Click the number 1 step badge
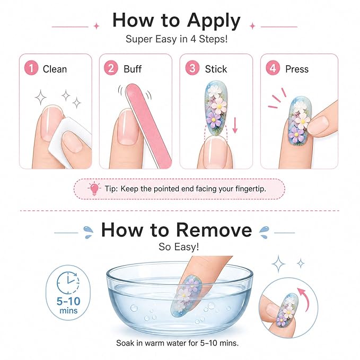click(x=31, y=68)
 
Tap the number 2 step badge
click(x=111, y=68)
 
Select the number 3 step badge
click(x=192, y=68)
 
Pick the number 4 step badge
click(x=273, y=68)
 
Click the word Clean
click(x=55, y=69)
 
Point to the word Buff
click(x=133, y=69)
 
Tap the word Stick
click(x=216, y=69)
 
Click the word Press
click(x=297, y=69)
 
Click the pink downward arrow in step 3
click(x=235, y=125)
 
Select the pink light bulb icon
click(x=94, y=189)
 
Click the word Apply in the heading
click(x=214, y=21)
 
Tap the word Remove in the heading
click(x=214, y=230)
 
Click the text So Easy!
click(x=179, y=247)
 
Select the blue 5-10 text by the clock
click(x=68, y=301)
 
